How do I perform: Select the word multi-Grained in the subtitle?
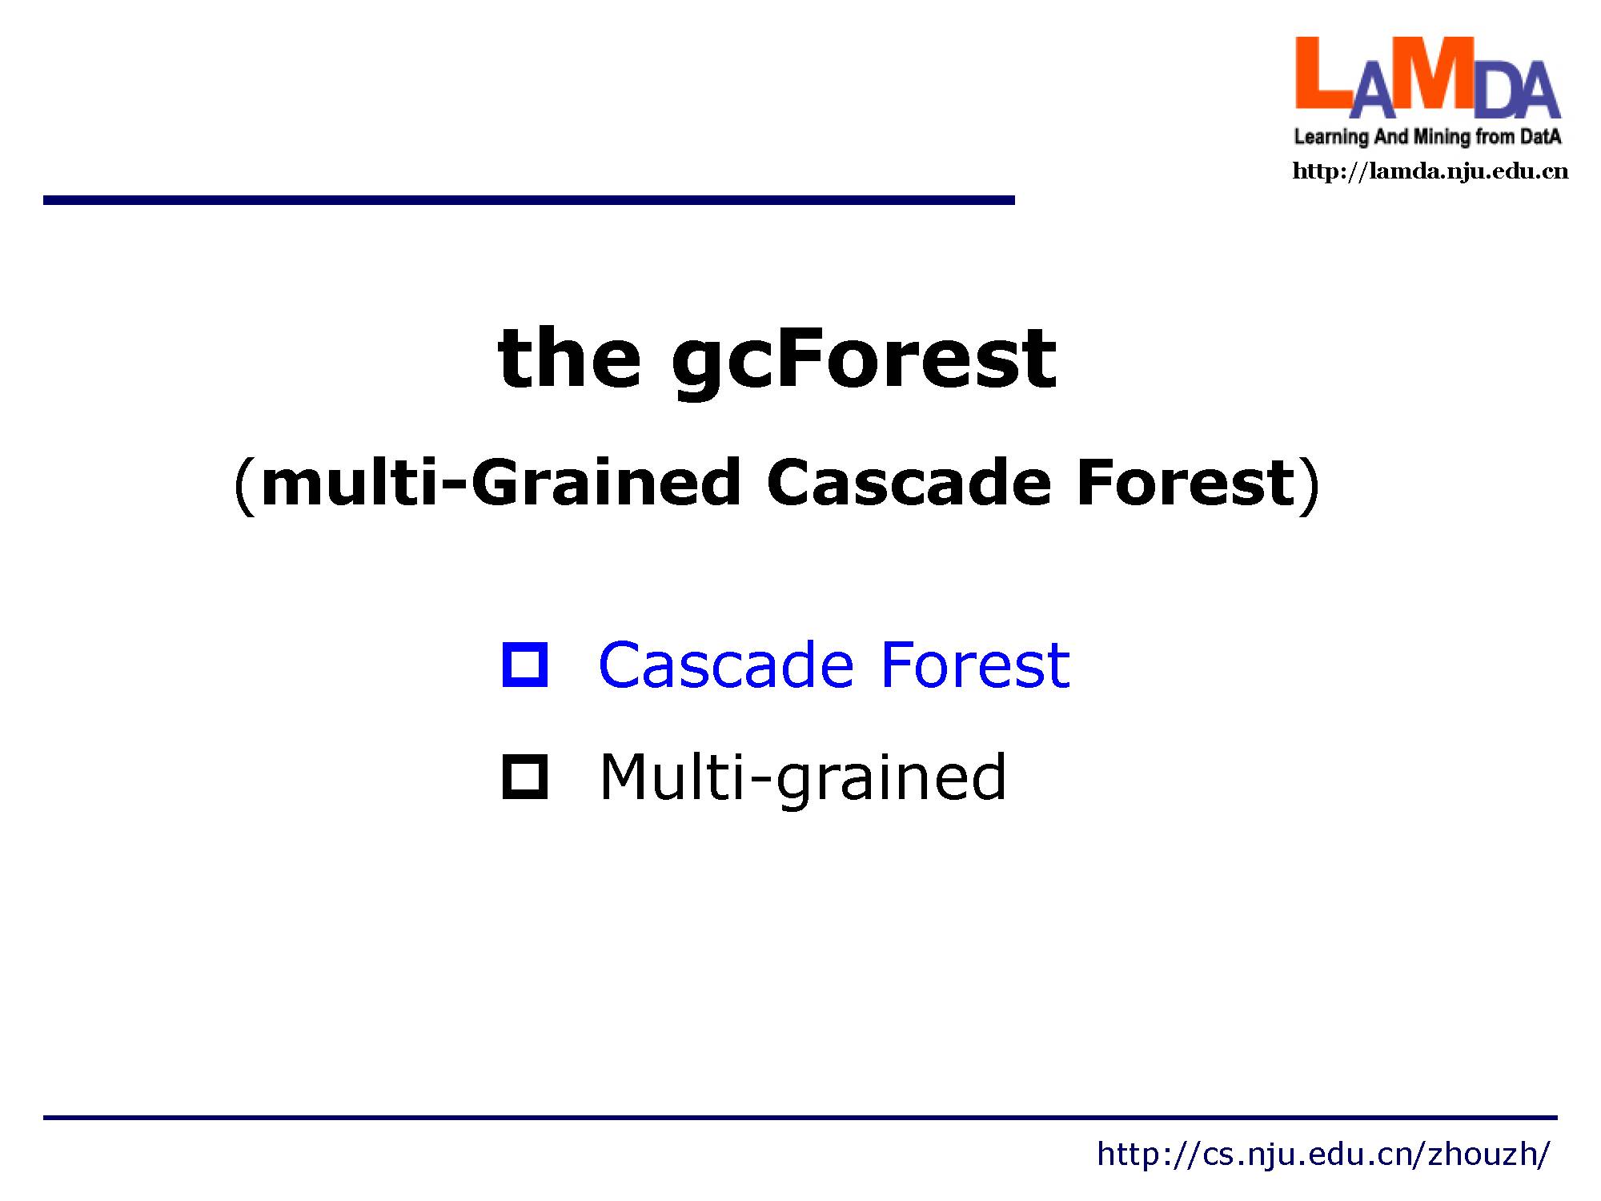tap(501, 484)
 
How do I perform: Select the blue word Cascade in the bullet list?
tap(726, 665)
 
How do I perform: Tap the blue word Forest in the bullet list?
tap(975, 665)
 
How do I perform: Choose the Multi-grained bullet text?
tap(803, 778)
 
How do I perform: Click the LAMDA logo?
tap(1428, 90)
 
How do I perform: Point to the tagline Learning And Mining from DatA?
tap(1428, 137)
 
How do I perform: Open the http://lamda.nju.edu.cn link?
tap(1430, 171)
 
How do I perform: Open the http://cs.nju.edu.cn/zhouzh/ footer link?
tap(1323, 1154)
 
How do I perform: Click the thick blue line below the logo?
tap(529, 200)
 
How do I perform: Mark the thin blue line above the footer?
tap(800, 1117)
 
